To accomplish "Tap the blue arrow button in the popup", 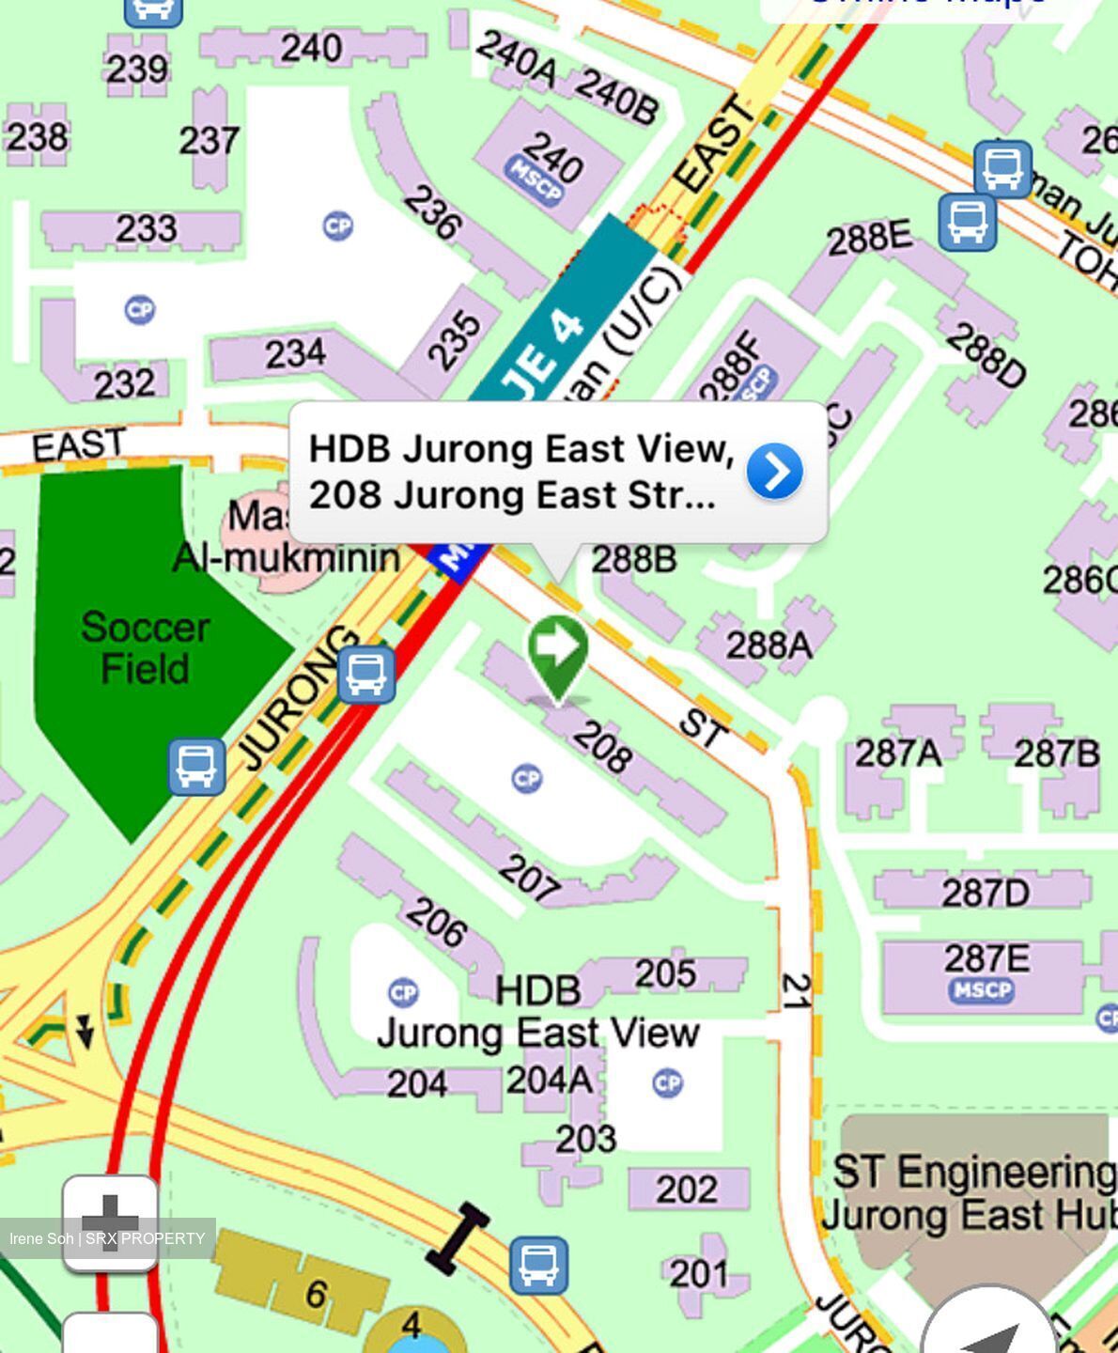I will coord(774,472).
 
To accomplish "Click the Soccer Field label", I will coord(145,648).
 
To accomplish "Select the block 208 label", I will coord(602,748).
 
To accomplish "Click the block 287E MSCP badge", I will coord(981,990).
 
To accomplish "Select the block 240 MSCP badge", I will coord(535,180).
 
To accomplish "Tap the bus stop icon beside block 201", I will coord(538,1265).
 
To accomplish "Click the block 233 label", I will coord(146,228).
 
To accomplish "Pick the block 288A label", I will coord(768,645).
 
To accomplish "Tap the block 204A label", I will coord(550,1081).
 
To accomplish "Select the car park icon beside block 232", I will coord(140,309).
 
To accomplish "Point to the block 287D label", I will coord(985,892).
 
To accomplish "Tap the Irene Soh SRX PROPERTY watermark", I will coord(107,1238).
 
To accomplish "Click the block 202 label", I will coord(686,1190).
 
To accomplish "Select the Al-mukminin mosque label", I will coord(286,557).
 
